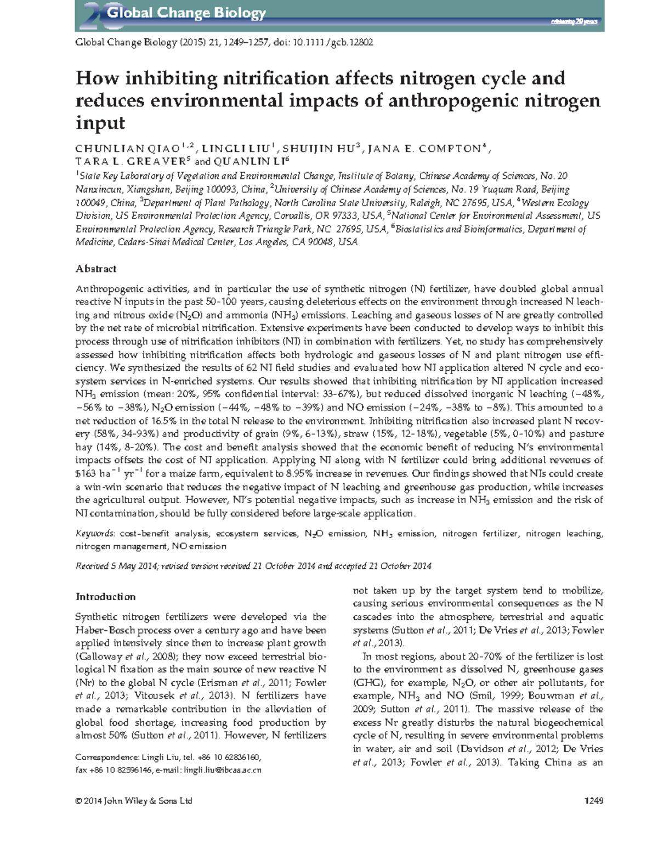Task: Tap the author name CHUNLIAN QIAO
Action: coord(128,149)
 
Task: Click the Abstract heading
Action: coord(96,269)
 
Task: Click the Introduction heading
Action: coord(105,597)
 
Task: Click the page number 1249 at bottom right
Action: coord(594,801)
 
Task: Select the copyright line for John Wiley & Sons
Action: coord(134,801)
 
